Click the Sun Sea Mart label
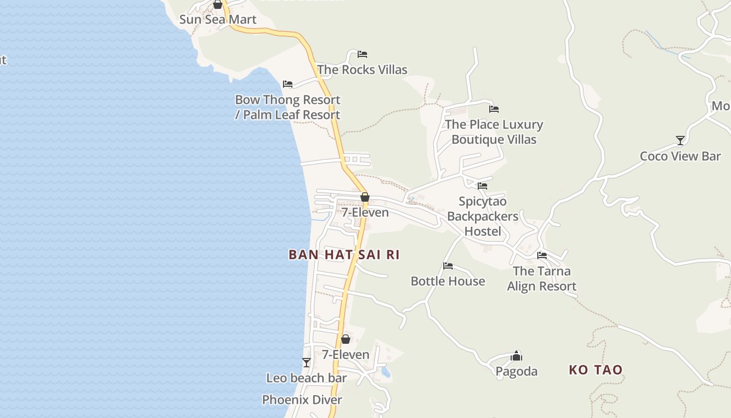click(218, 20)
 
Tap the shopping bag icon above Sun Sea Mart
click(218, 5)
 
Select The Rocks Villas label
click(362, 69)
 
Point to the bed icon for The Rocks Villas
click(362, 54)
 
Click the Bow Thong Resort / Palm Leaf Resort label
click(288, 107)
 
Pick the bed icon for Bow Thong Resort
click(288, 84)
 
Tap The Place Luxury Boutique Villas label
click(494, 132)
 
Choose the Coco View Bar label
click(680, 156)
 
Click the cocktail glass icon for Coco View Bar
click(680, 141)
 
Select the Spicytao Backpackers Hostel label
click(482, 216)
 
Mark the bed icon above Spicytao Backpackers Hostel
click(482, 185)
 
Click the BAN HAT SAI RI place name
click(344, 255)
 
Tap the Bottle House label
click(448, 281)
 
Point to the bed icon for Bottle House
click(448, 266)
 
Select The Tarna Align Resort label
click(541, 278)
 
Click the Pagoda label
click(516, 371)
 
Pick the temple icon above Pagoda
click(516, 356)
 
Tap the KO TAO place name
click(596, 370)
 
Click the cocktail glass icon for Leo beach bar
click(306, 363)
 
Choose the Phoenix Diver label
click(302, 400)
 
